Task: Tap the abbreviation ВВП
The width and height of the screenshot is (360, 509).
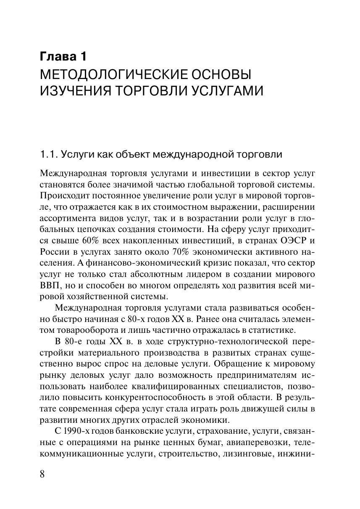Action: click(49, 285)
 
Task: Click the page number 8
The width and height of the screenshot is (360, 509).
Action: click(42, 474)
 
